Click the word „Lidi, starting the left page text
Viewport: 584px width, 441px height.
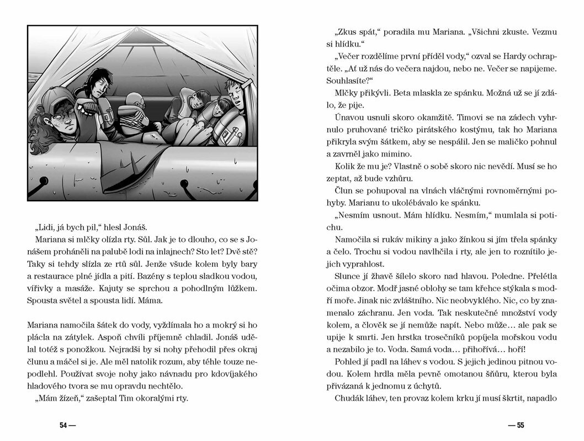(x=46, y=229)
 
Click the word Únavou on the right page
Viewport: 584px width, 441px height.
(x=348, y=119)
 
